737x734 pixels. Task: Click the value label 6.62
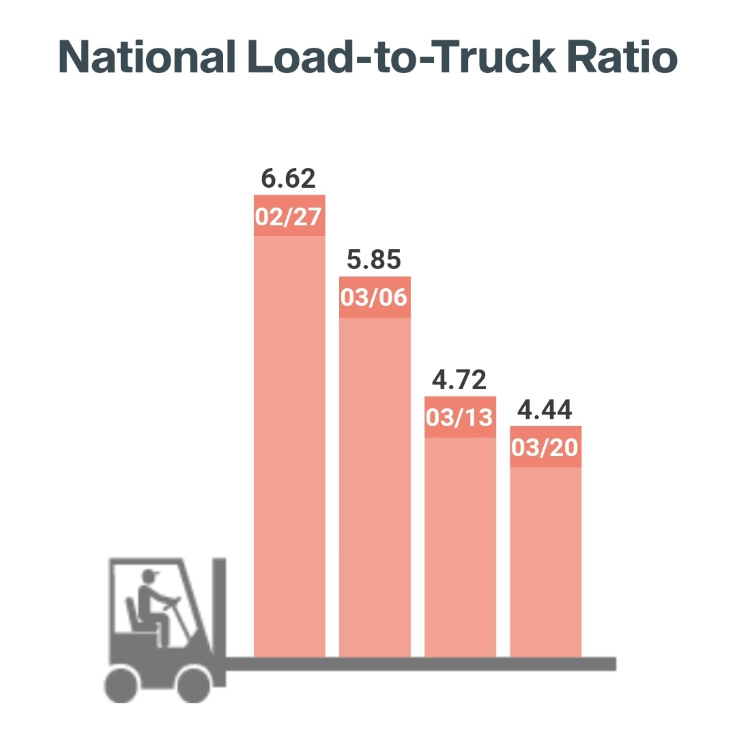point(289,179)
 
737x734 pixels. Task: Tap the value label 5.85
point(374,260)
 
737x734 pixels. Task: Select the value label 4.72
point(459,380)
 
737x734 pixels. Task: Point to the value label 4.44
point(545,410)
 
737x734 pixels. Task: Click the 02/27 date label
point(289,216)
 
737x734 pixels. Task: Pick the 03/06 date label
point(374,298)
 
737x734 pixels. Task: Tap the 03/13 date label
point(459,417)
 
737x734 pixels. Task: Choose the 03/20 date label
point(545,447)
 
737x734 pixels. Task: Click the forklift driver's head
point(148,577)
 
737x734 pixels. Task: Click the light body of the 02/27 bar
point(289,444)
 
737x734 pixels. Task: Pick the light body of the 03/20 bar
point(545,560)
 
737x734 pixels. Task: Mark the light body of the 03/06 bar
point(374,485)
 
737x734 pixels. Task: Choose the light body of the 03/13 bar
point(459,546)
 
